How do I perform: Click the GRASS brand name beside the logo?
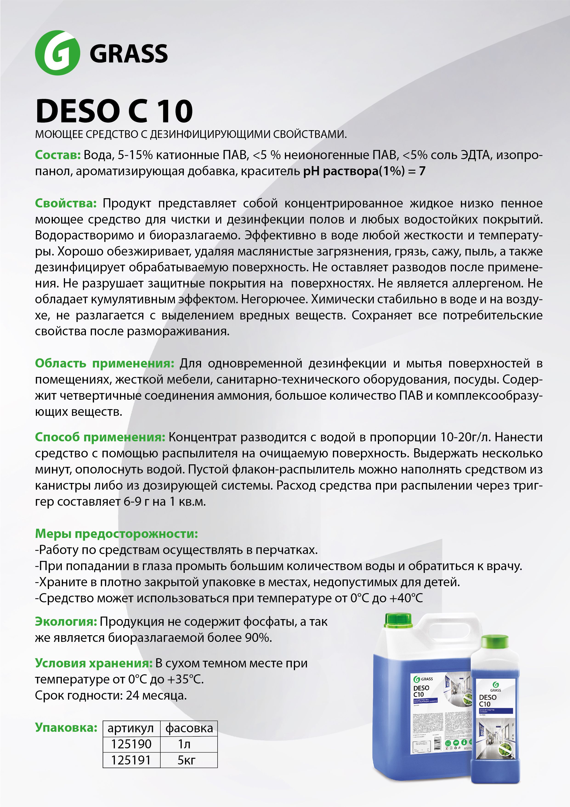(128, 54)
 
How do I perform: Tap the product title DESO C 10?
(114, 111)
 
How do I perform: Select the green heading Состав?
(58, 155)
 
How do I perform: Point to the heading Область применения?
(104, 363)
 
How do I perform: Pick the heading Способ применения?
(100, 437)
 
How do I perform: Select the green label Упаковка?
(66, 728)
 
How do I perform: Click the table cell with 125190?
(131, 744)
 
